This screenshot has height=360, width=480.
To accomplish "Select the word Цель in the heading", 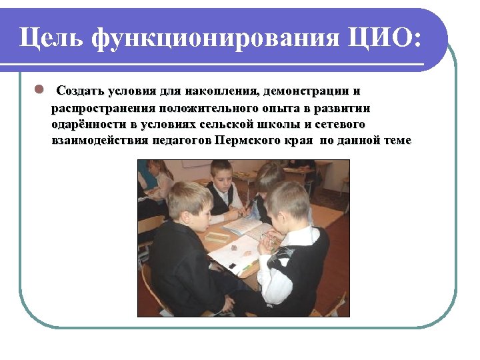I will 51,38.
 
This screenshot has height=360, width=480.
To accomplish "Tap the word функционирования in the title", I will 215,38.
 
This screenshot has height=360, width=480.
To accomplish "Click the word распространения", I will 102,108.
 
